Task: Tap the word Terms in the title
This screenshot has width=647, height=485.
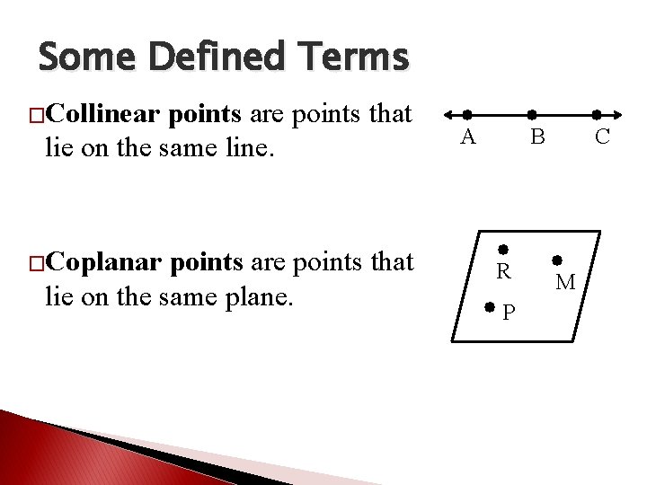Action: coord(356,58)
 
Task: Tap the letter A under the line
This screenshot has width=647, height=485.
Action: coord(467,137)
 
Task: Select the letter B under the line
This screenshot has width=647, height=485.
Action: coord(536,137)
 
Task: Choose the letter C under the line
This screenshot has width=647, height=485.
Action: coord(602,137)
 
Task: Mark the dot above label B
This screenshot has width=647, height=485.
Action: coord(532,115)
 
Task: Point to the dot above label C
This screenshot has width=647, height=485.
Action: coord(598,115)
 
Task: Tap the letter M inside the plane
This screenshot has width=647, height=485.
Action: coord(565,283)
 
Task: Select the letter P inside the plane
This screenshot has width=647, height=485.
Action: coord(509,313)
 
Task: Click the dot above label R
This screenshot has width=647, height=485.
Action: coord(504,249)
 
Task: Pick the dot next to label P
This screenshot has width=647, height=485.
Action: coord(489,307)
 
